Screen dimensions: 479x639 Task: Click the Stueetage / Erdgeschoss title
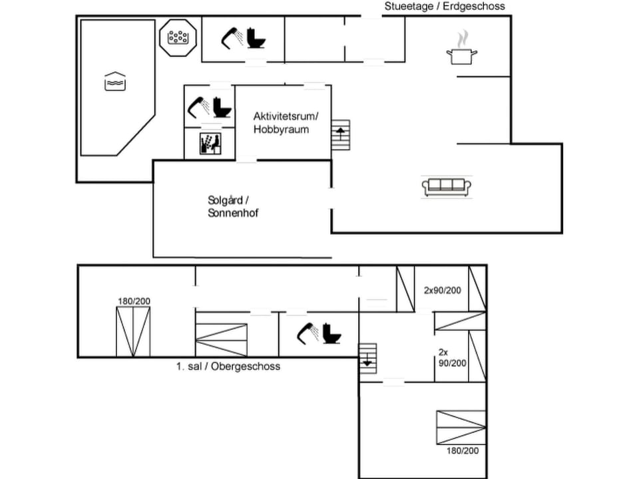click(445, 6)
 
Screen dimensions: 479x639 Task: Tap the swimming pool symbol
click(114, 81)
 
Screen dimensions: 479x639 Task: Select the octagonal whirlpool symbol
click(178, 37)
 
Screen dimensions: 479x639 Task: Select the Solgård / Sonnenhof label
click(233, 206)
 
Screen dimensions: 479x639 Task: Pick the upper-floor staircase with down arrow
click(367, 358)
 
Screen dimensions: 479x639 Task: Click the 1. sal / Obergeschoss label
click(228, 367)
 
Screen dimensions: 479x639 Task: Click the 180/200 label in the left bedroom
click(134, 301)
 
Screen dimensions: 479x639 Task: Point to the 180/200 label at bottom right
click(462, 450)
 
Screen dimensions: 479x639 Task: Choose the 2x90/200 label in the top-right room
click(442, 290)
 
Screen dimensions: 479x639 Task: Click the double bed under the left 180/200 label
click(133, 331)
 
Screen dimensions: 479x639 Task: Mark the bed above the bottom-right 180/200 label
click(461, 427)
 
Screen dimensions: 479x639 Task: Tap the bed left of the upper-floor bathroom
click(221, 339)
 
